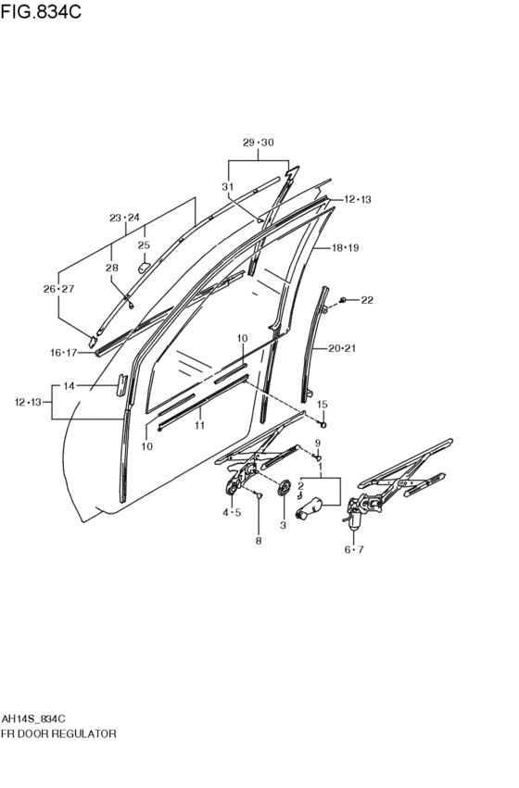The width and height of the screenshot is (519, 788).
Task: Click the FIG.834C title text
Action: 41,11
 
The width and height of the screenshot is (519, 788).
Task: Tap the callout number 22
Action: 367,300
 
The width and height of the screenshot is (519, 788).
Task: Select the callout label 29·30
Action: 259,143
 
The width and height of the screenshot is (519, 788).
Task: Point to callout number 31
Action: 228,186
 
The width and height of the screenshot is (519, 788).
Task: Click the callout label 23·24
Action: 125,218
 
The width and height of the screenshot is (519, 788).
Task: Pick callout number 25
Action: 144,245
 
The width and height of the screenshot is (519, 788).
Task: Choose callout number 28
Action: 111,268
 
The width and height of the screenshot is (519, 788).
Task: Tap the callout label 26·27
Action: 58,289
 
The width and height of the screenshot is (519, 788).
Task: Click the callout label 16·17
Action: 63,353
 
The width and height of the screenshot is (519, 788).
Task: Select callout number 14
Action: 69,386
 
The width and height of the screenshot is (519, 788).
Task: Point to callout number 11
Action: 199,426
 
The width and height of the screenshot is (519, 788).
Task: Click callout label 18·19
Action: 345,248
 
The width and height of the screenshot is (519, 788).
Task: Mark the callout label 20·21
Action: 342,348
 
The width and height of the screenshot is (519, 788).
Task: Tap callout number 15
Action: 323,405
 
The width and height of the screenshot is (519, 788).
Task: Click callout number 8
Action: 259,541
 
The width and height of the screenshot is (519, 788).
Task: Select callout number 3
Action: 283,525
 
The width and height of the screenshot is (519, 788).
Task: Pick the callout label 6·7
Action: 354,550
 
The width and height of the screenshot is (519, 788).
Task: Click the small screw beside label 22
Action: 343,300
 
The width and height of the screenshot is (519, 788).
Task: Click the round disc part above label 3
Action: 285,487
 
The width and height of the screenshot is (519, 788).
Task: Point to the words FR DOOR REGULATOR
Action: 58,733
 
